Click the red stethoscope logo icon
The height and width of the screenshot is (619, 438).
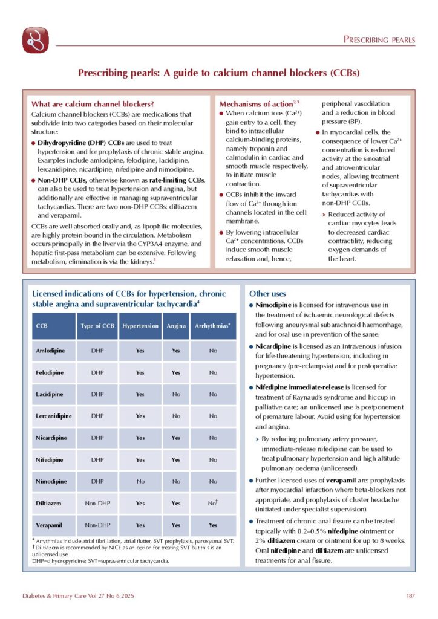click(36, 41)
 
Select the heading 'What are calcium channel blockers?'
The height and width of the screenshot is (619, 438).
click(93, 103)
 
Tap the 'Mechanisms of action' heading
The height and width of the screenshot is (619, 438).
click(253, 103)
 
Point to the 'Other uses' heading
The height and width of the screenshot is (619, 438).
click(267, 293)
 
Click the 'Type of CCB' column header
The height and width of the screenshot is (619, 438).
click(97, 325)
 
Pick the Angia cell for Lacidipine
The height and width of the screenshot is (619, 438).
click(176, 394)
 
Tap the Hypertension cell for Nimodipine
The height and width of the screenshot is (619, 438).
click(140, 481)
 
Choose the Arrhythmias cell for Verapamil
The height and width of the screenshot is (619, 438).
click(213, 525)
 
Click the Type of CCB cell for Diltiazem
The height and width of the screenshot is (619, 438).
click(97, 503)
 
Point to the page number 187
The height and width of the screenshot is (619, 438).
click(410, 596)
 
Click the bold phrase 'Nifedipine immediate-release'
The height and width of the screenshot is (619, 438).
click(299, 387)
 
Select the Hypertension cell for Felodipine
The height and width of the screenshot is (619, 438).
click(140, 372)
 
